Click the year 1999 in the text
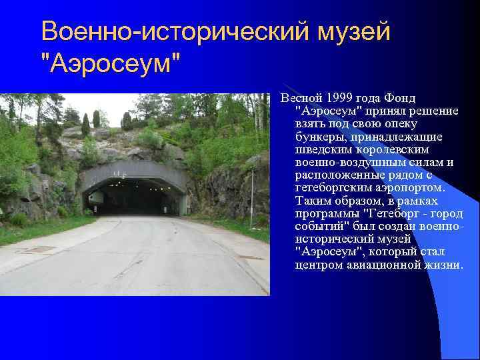point(339,98)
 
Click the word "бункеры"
point(319,136)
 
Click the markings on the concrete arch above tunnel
point(120,175)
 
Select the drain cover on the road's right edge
point(251,257)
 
